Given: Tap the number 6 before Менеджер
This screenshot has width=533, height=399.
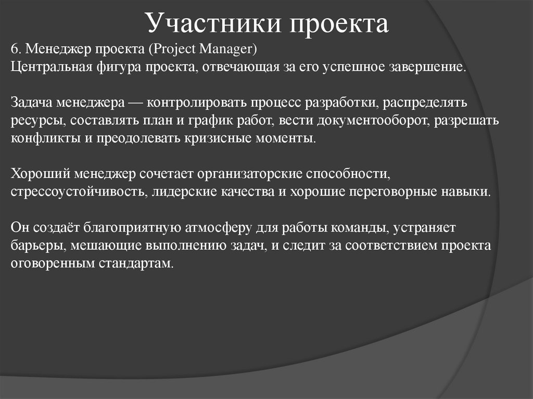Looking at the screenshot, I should pos(14,50).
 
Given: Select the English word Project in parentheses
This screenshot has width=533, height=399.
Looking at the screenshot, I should pos(171,50).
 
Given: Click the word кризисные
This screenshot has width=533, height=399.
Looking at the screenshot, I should pos(230,139).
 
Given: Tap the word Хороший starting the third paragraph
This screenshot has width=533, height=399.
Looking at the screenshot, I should pos(39,173).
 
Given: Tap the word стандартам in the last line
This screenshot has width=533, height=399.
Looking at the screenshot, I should pos(134,263).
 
